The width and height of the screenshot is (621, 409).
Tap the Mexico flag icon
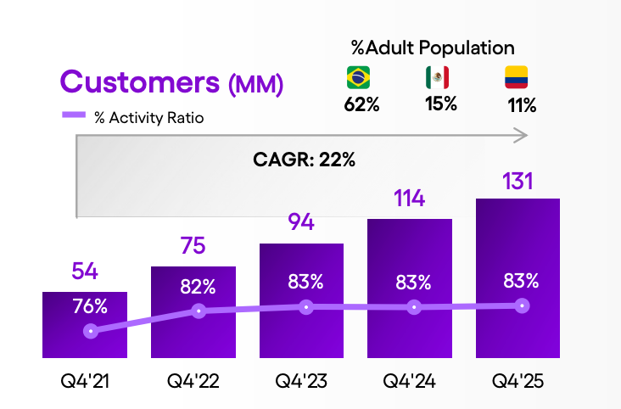pyautogui.click(x=437, y=78)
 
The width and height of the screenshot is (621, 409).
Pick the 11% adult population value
pyautogui.click(x=518, y=105)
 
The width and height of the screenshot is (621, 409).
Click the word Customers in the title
pyautogui.click(x=140, y=83)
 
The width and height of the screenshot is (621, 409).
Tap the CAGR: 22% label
pyautogui.click(x=304, y=159)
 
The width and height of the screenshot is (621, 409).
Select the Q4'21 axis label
pyautogui.click(x=86, y=382)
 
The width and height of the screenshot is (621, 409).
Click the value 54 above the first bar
pyautogui.click(x=86, y=272)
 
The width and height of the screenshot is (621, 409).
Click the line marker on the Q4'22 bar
pyautogui.click(x=199, y=311)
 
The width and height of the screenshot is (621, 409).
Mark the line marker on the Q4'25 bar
pyautogui.click(x=523, y=305)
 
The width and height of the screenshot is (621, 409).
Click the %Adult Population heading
pyautogui.click(x=433, y=48)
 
